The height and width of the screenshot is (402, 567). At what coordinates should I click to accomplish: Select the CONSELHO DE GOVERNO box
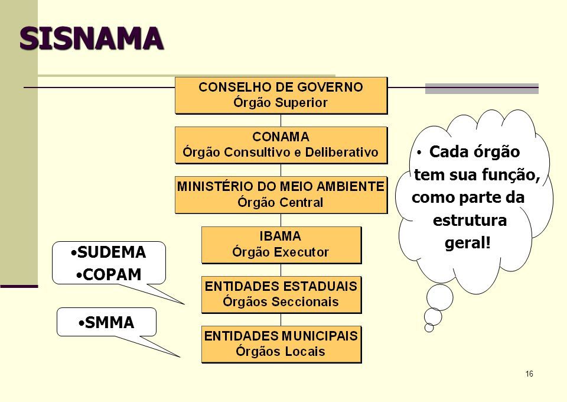(x=281, y=95)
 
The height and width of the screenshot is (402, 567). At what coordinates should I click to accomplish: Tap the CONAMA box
(x=281, y=145)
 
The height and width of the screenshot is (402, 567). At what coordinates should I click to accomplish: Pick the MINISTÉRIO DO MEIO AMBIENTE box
(x=281, y=194)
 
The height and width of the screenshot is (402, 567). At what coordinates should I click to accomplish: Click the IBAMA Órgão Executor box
(x=281, y=245)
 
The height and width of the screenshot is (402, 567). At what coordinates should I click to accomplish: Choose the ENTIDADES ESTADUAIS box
(x=281, y=294)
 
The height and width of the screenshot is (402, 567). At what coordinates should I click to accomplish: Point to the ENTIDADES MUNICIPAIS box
(x=281, y=344)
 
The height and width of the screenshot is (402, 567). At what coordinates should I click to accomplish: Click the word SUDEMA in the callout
(x=111, y=254)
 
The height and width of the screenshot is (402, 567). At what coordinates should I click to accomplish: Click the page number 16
(x=529, y=374)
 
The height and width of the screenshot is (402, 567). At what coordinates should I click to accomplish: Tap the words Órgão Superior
(x=281, y=102)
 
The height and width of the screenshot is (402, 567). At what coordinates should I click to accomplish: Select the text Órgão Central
(x=281, y=202)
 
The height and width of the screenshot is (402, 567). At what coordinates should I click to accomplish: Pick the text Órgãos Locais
(x=281, y=352)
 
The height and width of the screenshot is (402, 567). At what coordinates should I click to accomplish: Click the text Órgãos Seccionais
(x=281, y=302)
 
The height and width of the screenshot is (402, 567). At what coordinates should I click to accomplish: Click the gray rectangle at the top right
(x=482, y=89)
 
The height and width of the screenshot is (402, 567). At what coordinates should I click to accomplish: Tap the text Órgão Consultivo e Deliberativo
(x=281, y=153)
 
